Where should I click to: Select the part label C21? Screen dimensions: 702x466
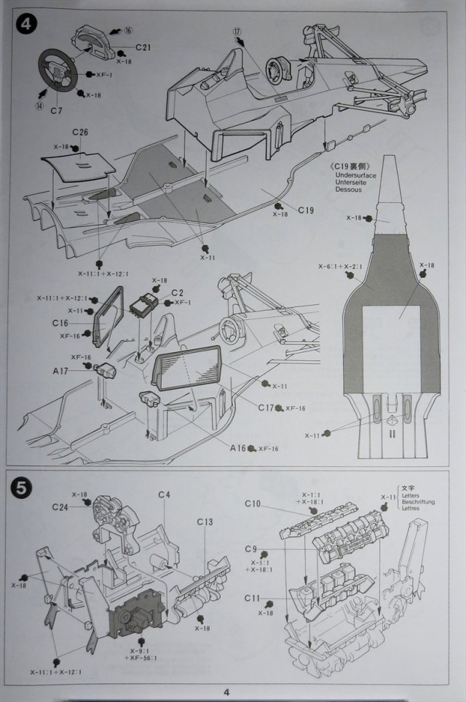coord(143,48)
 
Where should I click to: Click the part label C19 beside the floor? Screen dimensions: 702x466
coord(305,211)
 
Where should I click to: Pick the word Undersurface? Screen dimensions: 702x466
coord(359,177)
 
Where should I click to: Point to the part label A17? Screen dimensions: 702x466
coord(60,370)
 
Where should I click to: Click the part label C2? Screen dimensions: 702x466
coord(176,293)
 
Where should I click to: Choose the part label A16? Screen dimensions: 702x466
coord(237,448)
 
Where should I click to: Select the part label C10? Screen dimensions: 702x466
coord(253,503)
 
